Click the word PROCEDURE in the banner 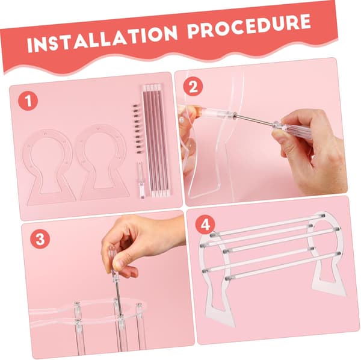pyautogui.click(x=249, y=25)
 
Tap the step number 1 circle pyautogui.click(x=28, y=101)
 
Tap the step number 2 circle pyautogui.click(x=193, y=87)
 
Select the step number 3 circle pyautogui.click(x=40, y=239)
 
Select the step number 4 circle pyautogui.click(x=205, y=225)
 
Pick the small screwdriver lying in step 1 pyautogui.click(x=141, y=179)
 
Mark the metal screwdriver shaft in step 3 pyautogui.click(x=117, y=298)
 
